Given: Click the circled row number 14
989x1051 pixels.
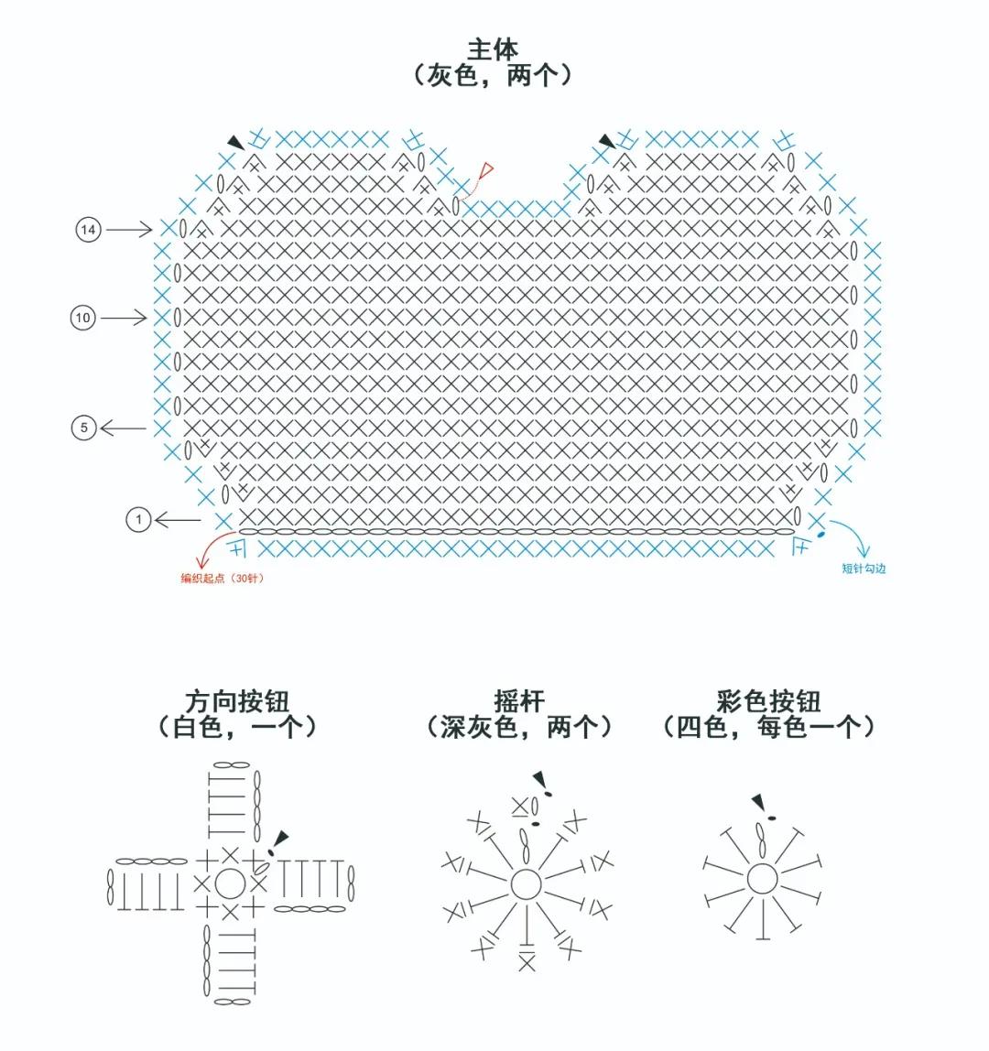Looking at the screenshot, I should [88, 229].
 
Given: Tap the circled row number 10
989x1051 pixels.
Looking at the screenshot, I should [83, 318].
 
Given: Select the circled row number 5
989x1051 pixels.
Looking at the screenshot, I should [83, 428].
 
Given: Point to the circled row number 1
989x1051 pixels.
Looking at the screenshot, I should [138, 520].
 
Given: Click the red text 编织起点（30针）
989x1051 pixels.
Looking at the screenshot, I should [223, 578].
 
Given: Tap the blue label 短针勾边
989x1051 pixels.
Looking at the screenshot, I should [864, 569].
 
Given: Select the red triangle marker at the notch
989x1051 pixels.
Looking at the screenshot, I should [486, 169].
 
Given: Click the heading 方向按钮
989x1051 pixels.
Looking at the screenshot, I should [237, 701].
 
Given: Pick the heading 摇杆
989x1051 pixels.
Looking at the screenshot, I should [518, 701].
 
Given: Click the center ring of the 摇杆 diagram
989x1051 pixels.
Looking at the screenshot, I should [526, 884].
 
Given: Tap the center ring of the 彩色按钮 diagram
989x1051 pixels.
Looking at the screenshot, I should [762, 879].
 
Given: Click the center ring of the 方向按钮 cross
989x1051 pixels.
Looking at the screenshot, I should [229, 883].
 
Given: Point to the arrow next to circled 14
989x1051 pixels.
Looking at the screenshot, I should [129, 229].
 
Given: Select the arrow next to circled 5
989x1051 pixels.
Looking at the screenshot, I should [123, 428].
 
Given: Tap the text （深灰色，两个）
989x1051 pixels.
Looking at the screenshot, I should [518, 728].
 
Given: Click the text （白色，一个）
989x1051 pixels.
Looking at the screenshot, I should [237, 728].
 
